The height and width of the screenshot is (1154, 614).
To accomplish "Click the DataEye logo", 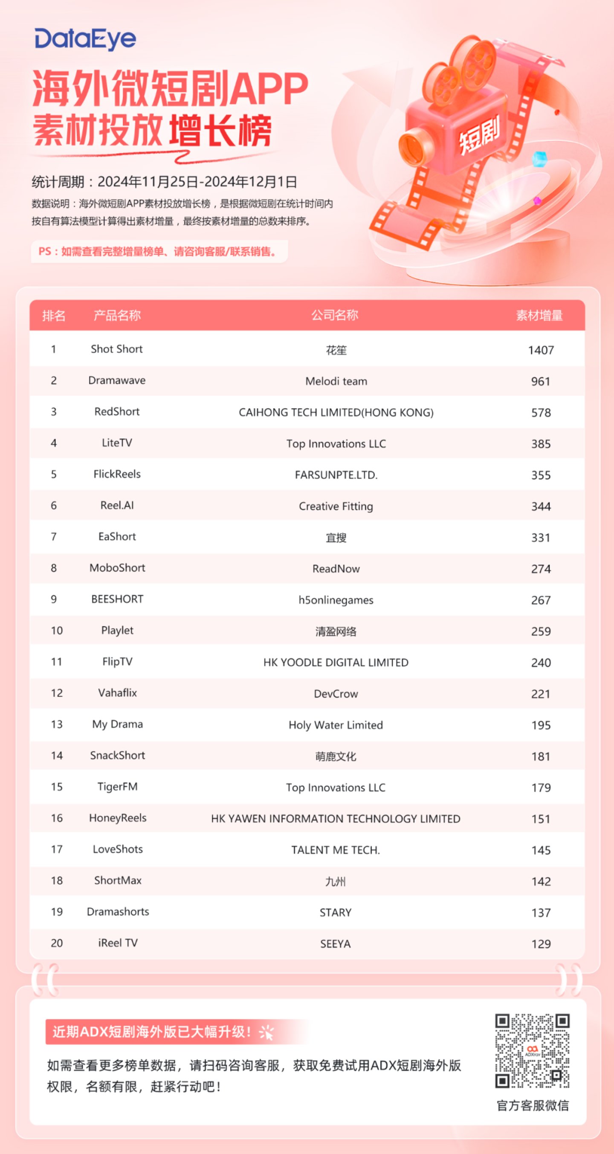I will click(85, 39).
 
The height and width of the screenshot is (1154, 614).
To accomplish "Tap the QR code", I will click(532, 1050).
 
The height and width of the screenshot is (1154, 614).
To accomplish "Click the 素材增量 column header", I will click(539, 315).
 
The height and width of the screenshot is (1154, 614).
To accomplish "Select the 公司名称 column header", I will click(335, 315).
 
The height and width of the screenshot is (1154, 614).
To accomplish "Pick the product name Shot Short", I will click(116, 349).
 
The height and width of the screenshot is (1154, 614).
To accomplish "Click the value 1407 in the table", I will click(541, 350).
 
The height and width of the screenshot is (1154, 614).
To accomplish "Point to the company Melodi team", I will click(336, 381).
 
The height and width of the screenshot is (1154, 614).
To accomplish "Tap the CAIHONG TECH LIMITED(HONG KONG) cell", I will click(336, 413).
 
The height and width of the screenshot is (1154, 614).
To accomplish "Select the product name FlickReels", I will click(117, 474).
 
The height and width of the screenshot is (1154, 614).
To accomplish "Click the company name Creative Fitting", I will click(336, 506).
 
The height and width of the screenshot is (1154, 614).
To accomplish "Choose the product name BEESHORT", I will click(117, 599).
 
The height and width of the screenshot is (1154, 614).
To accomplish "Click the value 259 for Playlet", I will click(541, 631).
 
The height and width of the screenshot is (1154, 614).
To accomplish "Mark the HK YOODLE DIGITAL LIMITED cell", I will click(336, 663).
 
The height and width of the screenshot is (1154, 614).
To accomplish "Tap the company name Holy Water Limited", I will click(336, 725).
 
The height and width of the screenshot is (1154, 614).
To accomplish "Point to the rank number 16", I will click(57, 818).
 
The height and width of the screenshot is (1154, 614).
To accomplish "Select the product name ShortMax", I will click(118, 880).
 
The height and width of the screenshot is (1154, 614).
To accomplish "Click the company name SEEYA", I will click(336, 944).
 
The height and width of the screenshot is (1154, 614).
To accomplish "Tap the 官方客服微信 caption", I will click(533, 1105).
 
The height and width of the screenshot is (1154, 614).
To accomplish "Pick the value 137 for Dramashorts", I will click(541, 913).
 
